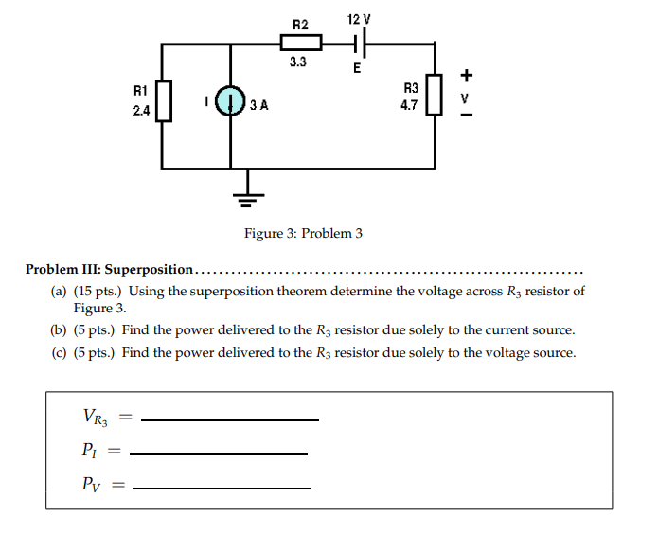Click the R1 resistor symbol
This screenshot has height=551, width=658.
pyautogui.click(x=164, y=100)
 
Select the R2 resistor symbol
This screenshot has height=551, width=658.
pyautogui.click(x=301, y=43)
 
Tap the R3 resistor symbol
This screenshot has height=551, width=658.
pyautogui.click(x=435, y=95)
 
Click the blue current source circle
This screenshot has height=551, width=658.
pyautogui.click(x=230, y=101)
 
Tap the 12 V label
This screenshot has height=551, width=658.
pyautogui.click(x=359, y=19)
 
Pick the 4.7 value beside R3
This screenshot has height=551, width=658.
pyautogui.click(x=408, y=106)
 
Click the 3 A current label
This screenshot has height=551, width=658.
pyautogui.click(x=259, y=105)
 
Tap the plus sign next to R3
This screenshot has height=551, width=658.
pyautogui.click(x=465, y=75)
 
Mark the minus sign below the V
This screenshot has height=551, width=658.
pyautogui.click(x=465, y=117)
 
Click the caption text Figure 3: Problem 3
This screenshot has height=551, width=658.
pyautogui.click(x=303, y=233)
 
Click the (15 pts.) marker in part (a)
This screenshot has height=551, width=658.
pyautogui.click(x=98, y=292)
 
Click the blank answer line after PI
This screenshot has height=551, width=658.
pyautogui.click(x=218, y=454)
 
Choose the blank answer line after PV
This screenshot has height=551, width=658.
pyautogui.click(x=222, y=489)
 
